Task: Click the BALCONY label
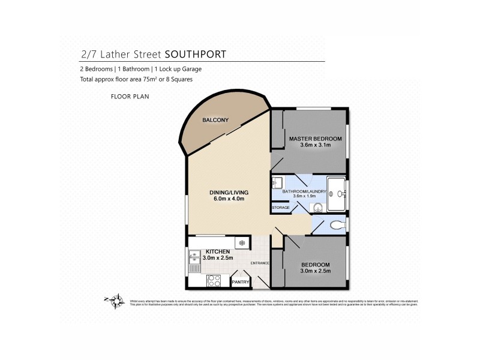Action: [215, 120]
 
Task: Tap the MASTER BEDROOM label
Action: [315, 139]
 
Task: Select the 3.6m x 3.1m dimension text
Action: [315, 146]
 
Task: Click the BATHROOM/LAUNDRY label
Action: [308, 191]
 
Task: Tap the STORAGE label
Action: [281, 208]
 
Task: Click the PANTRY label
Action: [241, 281]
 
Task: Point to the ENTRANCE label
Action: [260, 263]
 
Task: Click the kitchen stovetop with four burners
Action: [214, 280]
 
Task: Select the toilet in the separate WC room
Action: [338, 224]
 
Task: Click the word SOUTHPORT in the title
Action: [200, 54]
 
